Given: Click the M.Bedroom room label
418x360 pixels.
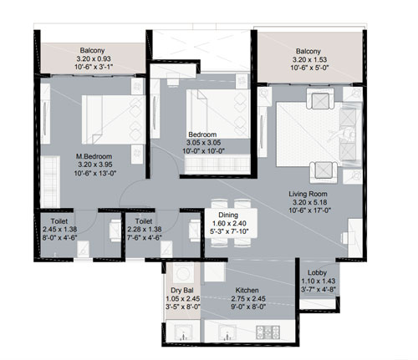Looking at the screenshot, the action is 94,156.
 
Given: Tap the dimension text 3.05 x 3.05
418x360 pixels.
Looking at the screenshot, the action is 203,143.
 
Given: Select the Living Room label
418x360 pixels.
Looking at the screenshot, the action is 308,194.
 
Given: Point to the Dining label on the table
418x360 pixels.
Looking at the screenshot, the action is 228,215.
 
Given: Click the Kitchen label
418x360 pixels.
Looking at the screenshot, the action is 247,291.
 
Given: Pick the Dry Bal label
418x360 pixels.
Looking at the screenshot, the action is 182,291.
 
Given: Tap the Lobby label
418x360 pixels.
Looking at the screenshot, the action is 317,273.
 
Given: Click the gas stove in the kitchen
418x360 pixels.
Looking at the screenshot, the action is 268,332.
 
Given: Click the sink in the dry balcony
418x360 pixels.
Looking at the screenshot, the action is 183,332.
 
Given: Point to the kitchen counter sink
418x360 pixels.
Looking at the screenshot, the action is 227,332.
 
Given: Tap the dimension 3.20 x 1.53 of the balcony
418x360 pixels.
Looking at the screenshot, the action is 309,59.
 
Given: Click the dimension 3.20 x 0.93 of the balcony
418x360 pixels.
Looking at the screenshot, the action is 94,58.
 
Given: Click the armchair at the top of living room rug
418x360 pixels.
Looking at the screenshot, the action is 320,99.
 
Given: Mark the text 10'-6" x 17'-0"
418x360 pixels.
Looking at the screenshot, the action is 309,210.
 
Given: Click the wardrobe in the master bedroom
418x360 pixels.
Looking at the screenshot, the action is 50,181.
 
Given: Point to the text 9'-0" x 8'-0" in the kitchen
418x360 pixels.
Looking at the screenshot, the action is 248,307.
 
